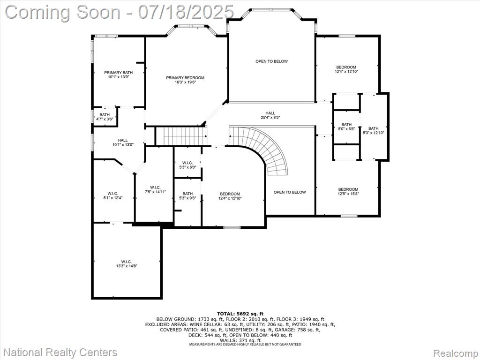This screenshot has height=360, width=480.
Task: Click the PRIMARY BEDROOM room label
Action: [185, 80]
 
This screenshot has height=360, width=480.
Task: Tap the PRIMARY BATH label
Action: [119, 75]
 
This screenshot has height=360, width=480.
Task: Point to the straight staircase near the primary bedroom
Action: [181, 136]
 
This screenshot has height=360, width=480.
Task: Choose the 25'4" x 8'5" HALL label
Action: [270, 115]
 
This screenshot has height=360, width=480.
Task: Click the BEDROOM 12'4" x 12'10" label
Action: [346, 69]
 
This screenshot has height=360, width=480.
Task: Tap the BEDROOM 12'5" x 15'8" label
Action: [348, 191]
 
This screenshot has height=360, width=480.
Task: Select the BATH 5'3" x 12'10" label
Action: [373, 130]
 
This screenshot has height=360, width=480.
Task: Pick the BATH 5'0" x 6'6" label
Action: [346, 127]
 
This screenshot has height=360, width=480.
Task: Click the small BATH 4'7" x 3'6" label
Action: [105, 117]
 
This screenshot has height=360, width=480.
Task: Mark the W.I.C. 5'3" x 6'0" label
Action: [187, 165]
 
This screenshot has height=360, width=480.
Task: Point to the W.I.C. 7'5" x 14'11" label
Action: [155, 189]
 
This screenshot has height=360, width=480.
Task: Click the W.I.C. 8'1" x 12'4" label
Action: [112, 195]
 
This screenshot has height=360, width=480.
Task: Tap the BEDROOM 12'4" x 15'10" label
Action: [230, 196]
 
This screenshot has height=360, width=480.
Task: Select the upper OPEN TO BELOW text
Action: [271, 61]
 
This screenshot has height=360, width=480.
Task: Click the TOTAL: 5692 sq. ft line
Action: [240, 314]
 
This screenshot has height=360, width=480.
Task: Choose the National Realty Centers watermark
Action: [60, 352]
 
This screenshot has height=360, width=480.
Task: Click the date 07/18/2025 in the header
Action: [186, 12]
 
